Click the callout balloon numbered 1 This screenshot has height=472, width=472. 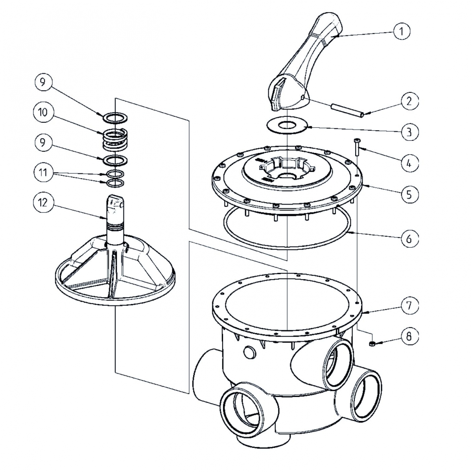pyautogui.click(x=402, y=31)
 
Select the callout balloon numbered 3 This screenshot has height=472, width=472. pyautogui.click(x=409, y=131)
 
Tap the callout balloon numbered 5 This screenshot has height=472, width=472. pyautogui.click(x=409, y=194)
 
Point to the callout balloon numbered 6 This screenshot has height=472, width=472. pyautogui.click(x=409, y=238)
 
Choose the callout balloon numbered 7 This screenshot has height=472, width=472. pyautogui.click(x=409, y=306)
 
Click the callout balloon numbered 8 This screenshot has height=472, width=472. pyautogui.click(x=409, y=336)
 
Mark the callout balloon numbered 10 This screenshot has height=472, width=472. pyautogui.click(x=42, y=112)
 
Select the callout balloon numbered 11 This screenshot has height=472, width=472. pyautogui.click(x=42, y=172)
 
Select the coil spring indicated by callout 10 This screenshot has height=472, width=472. pyautogui.click(x=114, y=139)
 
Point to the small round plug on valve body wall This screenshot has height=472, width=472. pyautogui.click(x=249, y=351)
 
